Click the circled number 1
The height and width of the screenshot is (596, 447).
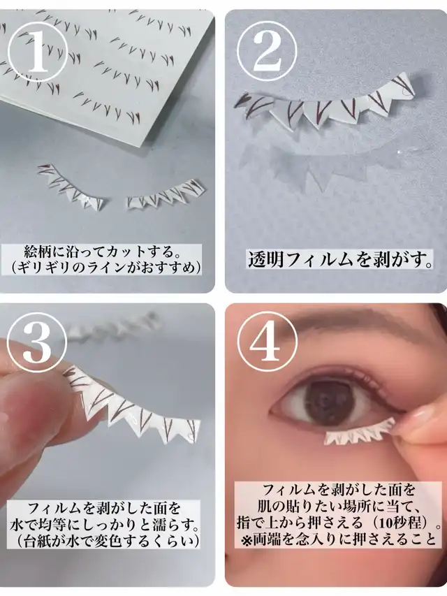coord(37,53)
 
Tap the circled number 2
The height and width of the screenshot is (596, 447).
coord(268,52)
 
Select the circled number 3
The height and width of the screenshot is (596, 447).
coord(37,343)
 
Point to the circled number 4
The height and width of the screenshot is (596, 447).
coord(268,343)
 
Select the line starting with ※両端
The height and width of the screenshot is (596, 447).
coord(337,539)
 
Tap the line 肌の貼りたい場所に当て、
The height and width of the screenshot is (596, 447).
coord(338,507)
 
